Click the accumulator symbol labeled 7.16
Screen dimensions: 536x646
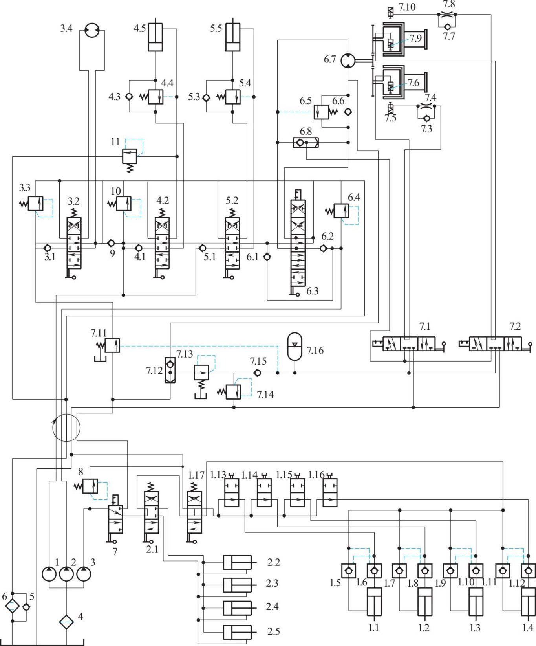pos(295,347)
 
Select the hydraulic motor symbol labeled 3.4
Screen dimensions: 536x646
pos(92,31)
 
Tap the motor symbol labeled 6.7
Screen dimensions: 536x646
pos(348,61)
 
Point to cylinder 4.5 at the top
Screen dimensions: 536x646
pos(155,37)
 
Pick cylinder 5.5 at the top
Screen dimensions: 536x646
pos(233,37)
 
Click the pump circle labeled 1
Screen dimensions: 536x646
pos(49,574)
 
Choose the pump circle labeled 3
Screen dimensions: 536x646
pos(83,574)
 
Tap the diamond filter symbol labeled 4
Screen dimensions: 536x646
pos(66,622)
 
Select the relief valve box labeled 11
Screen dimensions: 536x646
pos(130,156)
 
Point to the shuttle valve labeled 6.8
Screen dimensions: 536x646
pos(306,142)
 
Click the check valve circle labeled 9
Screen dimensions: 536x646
pos(111,243)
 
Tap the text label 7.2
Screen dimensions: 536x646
pos(515,326)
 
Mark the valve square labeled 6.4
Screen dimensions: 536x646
pos(341,211)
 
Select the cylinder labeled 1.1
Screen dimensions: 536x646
pos(374,602)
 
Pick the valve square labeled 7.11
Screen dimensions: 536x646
pos(113,345)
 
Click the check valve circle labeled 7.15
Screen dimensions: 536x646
pos(257,373)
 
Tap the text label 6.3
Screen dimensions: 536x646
pos(312,291)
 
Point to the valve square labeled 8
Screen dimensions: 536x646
pos(90,486)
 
